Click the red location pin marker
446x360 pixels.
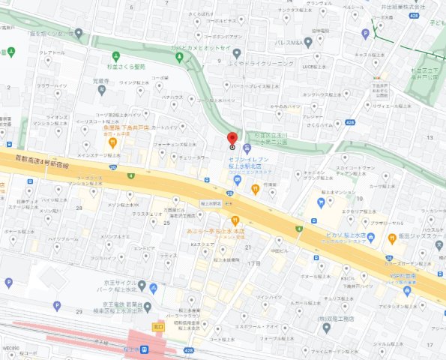click(x=232, y=139)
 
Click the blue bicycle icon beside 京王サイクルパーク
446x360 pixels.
click(x=153, y=287)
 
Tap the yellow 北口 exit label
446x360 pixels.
click(x=158, y=326)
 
